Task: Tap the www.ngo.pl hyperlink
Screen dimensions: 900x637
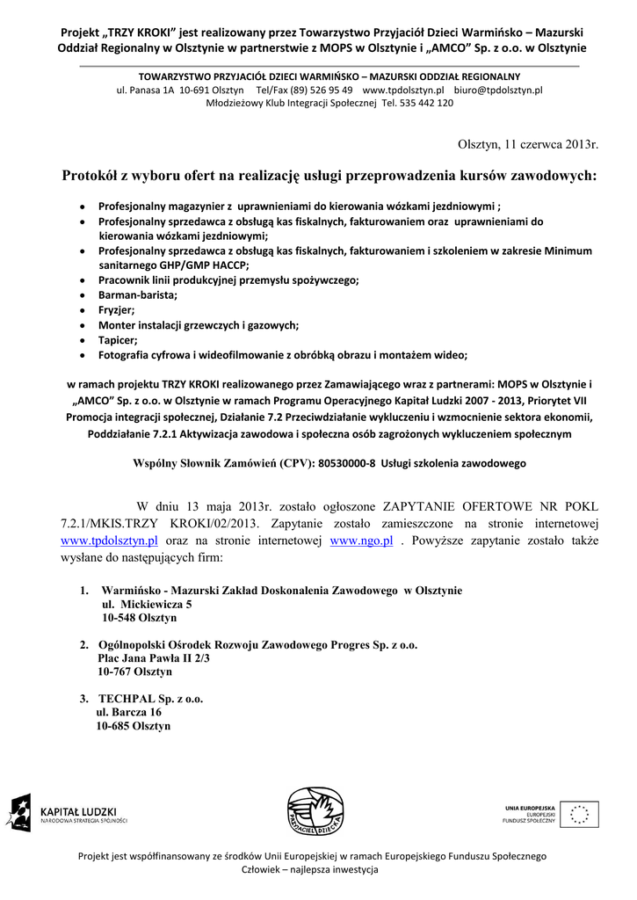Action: tap(360, 541)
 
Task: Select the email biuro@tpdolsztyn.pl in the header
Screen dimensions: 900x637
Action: tap(498, 90)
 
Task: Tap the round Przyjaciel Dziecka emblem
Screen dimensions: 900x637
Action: tap(314, 812)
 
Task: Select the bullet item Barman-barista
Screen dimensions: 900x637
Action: tap(138, 294)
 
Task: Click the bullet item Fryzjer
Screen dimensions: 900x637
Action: tap(116, 309)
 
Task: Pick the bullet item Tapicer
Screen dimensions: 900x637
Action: tap(118, 340)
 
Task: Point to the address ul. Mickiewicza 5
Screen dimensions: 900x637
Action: tap(147, 604)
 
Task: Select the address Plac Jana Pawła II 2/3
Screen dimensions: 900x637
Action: tap(154, 657)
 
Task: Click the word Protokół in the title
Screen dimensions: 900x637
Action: tap(95, 175)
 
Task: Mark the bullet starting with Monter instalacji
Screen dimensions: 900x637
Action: tap(199, 324)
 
